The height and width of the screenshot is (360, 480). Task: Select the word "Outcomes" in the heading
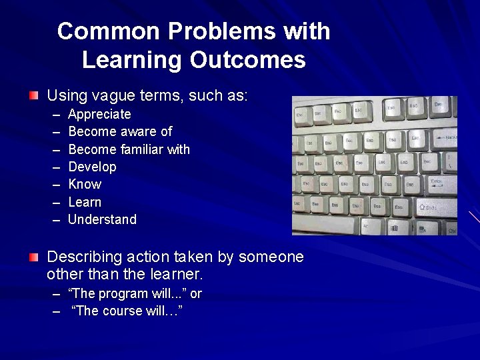247,60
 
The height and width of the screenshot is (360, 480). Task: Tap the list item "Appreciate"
99,114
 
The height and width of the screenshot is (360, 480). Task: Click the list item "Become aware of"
120,131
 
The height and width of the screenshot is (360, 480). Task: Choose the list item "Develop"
92,167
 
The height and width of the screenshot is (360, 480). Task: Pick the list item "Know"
85,184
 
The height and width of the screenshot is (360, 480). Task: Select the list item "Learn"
85,202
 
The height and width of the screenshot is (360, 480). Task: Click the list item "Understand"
102,219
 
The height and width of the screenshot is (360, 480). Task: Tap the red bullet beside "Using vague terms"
34,96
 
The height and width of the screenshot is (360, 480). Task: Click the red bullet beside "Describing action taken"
34,257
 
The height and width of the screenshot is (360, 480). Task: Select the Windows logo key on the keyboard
395,229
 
